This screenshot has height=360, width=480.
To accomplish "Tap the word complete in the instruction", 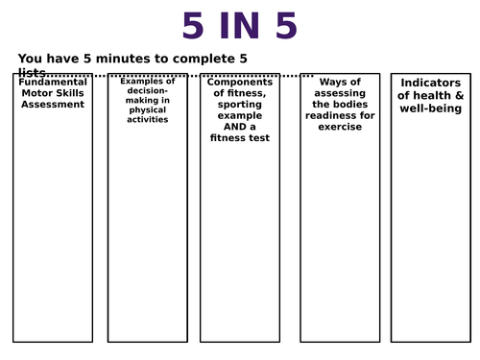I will [197, 59].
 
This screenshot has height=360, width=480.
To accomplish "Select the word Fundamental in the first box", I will [53, 83].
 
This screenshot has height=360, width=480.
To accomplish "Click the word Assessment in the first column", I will [53, 104].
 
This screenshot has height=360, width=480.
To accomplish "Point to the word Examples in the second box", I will [147, 82].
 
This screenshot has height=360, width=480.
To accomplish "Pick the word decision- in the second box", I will [147, 91].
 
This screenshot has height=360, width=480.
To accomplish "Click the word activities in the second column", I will [147, 120].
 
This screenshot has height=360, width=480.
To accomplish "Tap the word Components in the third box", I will [241, 83].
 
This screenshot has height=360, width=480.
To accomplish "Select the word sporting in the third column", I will [241, 105].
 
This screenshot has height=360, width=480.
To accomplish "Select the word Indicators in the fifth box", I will [431, 83].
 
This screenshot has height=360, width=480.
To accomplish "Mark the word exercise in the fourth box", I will [339, 127].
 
